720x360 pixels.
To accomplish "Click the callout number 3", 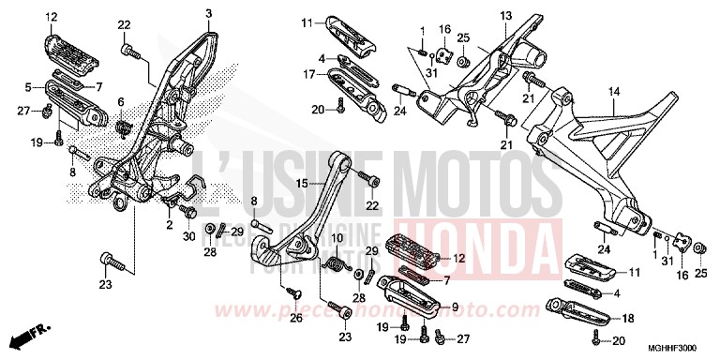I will coord(209,12).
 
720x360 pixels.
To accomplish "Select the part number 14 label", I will coord(614,91).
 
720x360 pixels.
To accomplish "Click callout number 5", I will coord(28,87).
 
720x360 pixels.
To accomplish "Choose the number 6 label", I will coord(121,101).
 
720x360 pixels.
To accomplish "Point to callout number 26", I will coord(297,317).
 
